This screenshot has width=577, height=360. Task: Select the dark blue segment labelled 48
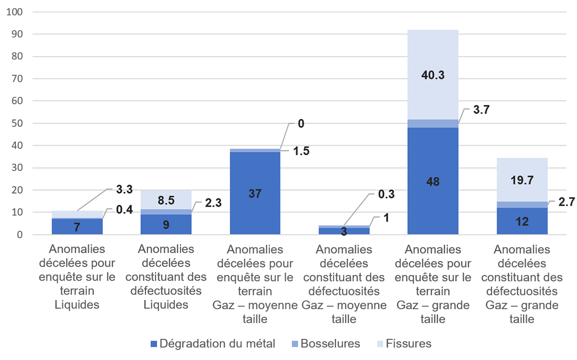[x=432, y=181]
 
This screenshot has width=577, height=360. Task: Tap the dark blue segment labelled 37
[x=254, y=194]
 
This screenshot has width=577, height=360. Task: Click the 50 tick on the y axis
[x=15, y=124]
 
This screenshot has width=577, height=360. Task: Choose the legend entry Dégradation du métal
[x=212, y=344]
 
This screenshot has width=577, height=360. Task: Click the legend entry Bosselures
[x=326, y=344]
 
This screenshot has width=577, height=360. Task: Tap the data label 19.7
[x=521, y=180]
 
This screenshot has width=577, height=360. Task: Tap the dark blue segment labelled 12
[x=521, y=222]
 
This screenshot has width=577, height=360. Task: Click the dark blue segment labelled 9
[x=166, y=224]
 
